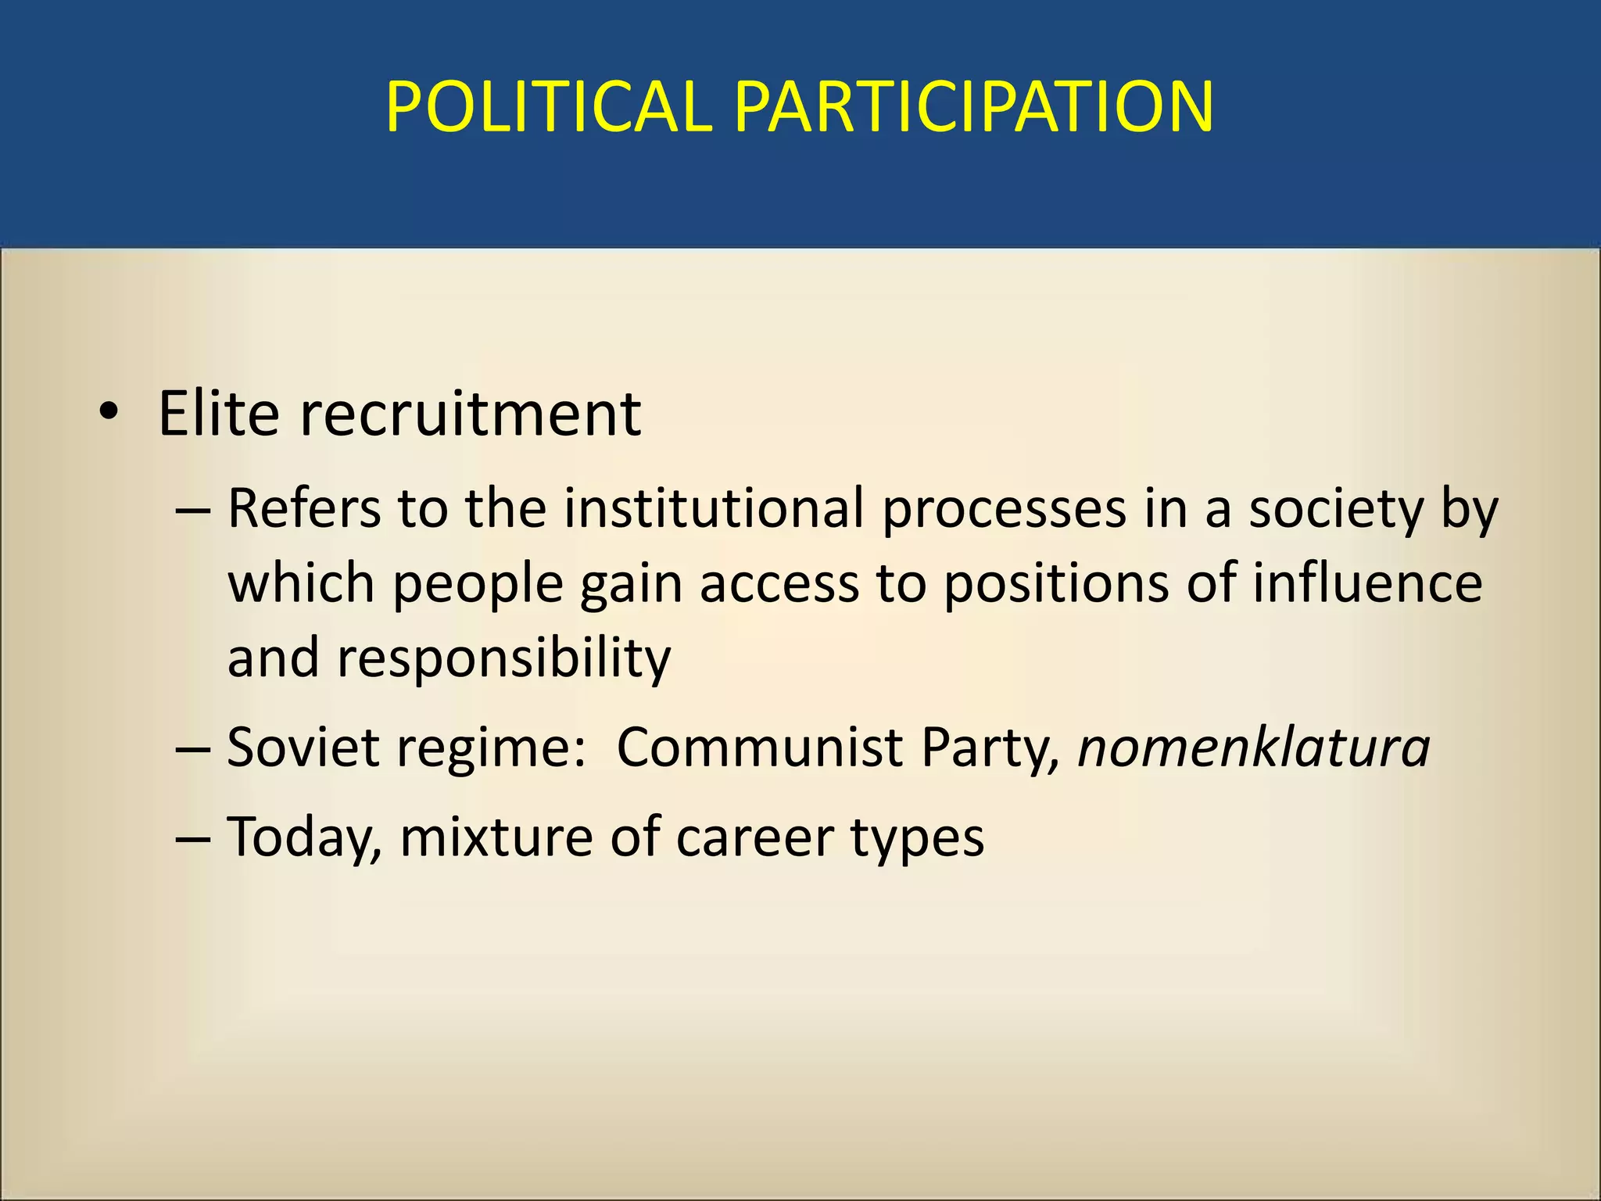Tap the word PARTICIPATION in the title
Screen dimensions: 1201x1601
(x=973, y=107)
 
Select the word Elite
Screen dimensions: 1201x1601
(x=218, y=413)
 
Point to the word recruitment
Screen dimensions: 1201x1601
(x=471, y=413)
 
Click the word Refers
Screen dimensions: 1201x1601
(x=303, y=509)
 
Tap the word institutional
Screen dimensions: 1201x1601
(x=713, y=509)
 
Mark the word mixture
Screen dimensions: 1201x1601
(x=496, y=837)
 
